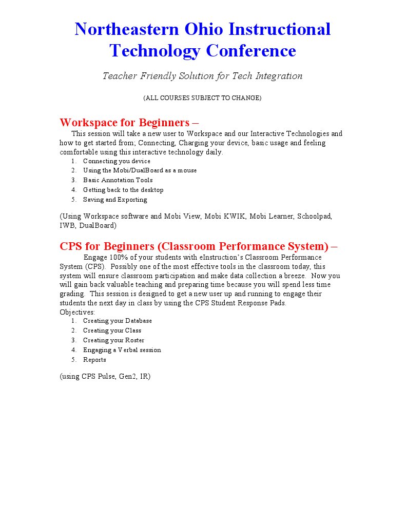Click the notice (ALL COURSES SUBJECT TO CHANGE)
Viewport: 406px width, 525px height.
click(x=202, y=98)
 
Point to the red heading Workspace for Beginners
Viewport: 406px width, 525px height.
click(x=125, y=123)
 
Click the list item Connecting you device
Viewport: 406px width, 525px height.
click(x=117, y=161)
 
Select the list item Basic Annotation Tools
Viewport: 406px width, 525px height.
click(x=118, y=180)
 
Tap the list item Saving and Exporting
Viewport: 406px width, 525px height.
click(x=115, y=200)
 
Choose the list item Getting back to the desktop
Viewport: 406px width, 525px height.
click(x=123, y=190)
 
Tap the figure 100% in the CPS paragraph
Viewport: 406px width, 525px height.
click(x=118, y=257)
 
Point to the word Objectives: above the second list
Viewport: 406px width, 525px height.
click(x=77, y=312)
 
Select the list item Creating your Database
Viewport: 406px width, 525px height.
click(x=117, y=321)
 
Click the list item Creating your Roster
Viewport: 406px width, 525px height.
click(x=113, y=340)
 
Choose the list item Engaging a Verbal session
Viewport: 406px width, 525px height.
click(x=122, y=350)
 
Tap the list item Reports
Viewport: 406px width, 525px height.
click(x=94, y=360)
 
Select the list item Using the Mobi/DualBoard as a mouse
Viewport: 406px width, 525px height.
click(x=140, y=170)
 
